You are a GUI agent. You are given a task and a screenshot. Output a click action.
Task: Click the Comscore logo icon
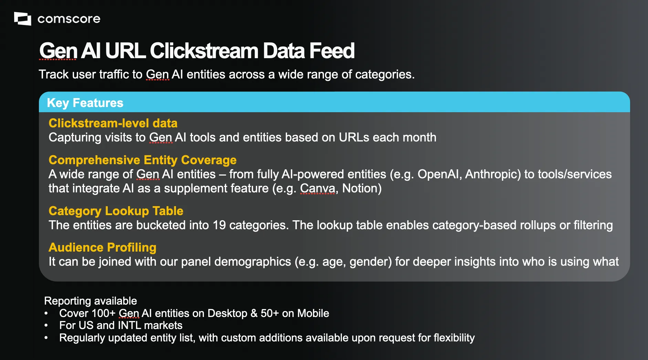pos(22,19)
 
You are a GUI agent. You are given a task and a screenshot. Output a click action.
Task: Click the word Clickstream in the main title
pos(204,51)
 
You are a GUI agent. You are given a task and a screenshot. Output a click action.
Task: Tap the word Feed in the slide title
pos(332,51)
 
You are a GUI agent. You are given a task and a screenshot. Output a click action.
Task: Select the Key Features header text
pos(85,103)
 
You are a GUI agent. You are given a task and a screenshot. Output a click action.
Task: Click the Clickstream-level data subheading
pos(113,123)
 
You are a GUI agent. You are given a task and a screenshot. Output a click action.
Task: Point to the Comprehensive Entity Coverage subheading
pos(143,160)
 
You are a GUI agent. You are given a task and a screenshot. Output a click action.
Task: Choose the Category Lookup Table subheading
pos(116,211)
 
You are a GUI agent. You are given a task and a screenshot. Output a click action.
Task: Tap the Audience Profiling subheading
pos(103,247)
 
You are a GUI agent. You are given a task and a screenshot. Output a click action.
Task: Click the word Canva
pos(317,188)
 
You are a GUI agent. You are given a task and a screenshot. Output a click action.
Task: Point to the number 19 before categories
pos(219,225)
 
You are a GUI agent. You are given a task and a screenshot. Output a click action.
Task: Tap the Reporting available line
pos(91,301)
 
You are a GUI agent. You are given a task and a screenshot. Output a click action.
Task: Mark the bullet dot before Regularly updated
pos(46,338)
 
